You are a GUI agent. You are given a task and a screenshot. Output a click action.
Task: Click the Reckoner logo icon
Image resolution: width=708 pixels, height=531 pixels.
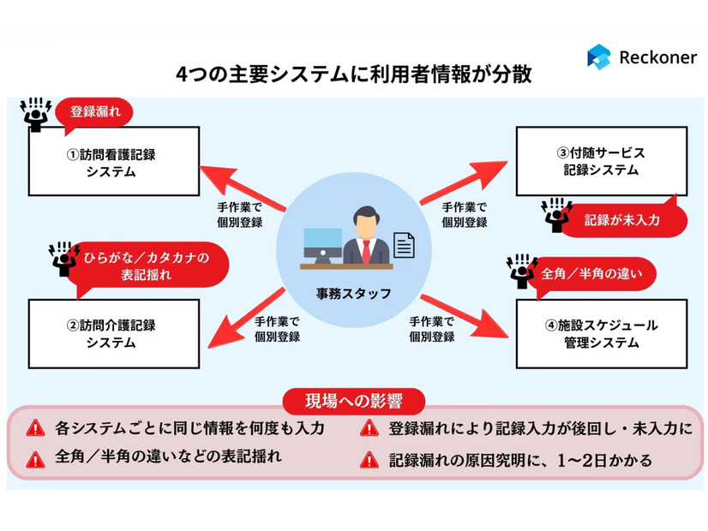(598, 57)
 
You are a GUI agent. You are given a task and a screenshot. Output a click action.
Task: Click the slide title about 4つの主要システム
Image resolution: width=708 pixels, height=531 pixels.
(354, 75)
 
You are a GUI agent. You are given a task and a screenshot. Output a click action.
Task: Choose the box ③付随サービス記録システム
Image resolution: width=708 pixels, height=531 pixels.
(600, 161)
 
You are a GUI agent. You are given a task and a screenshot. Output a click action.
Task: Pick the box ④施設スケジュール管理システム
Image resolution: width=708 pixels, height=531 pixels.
(600, 333)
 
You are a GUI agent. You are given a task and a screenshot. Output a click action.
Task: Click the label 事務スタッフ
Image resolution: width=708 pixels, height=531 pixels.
(353, 294)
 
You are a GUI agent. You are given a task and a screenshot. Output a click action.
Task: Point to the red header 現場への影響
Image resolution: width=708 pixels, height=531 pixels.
(354, 400)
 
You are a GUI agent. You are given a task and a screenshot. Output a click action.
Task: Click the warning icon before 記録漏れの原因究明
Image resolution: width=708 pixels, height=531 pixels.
(369, 460)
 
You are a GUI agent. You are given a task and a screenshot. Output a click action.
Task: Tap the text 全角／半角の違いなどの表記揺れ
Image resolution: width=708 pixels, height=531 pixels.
(168, 456)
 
